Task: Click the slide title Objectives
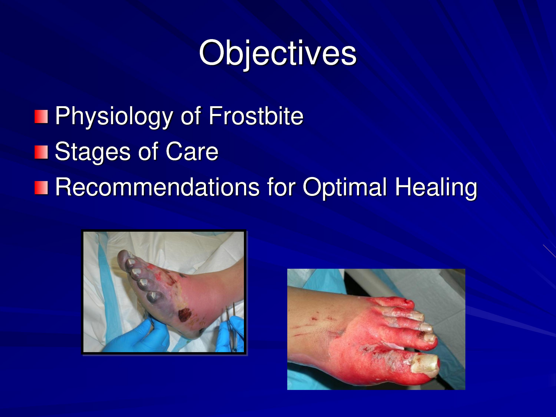point(278,53)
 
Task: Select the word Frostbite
point(256,115)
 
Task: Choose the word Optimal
point(345,188)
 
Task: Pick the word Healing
point(436,188)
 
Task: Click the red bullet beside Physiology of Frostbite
point(41,117)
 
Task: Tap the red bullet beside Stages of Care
point(41,152)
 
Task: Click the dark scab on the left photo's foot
point(185,315)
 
